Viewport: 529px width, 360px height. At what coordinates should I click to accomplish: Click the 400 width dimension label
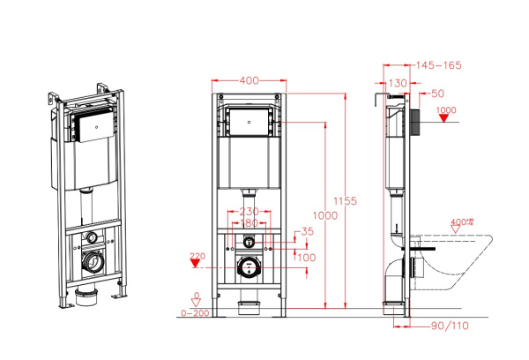tap(249, 80)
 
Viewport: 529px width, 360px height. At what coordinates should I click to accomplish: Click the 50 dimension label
tap(438, 93)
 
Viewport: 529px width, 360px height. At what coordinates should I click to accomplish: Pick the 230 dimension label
tap(250, 212)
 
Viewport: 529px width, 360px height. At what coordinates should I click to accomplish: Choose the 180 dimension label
tap(250, 222)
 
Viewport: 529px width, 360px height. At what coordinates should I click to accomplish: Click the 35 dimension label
tap(307, 231)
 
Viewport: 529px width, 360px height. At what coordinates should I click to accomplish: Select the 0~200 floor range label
tap(195, 312)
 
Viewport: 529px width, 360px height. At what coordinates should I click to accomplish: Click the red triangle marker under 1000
tap(446, 121)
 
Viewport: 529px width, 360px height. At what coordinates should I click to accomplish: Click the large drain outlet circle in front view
tap(250, 268)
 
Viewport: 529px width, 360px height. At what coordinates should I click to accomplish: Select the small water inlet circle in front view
tap(250, 241)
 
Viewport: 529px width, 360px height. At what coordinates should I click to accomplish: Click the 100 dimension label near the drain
tap(307, 257)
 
